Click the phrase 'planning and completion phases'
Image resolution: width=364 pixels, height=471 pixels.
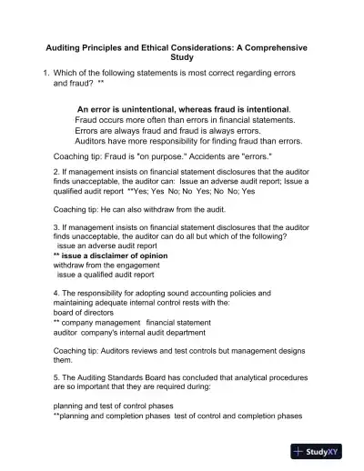coord(116,416)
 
